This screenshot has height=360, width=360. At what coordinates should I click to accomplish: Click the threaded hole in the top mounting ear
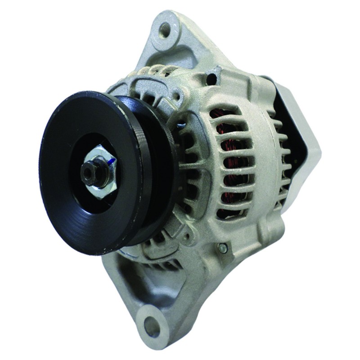tap(165, 28)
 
